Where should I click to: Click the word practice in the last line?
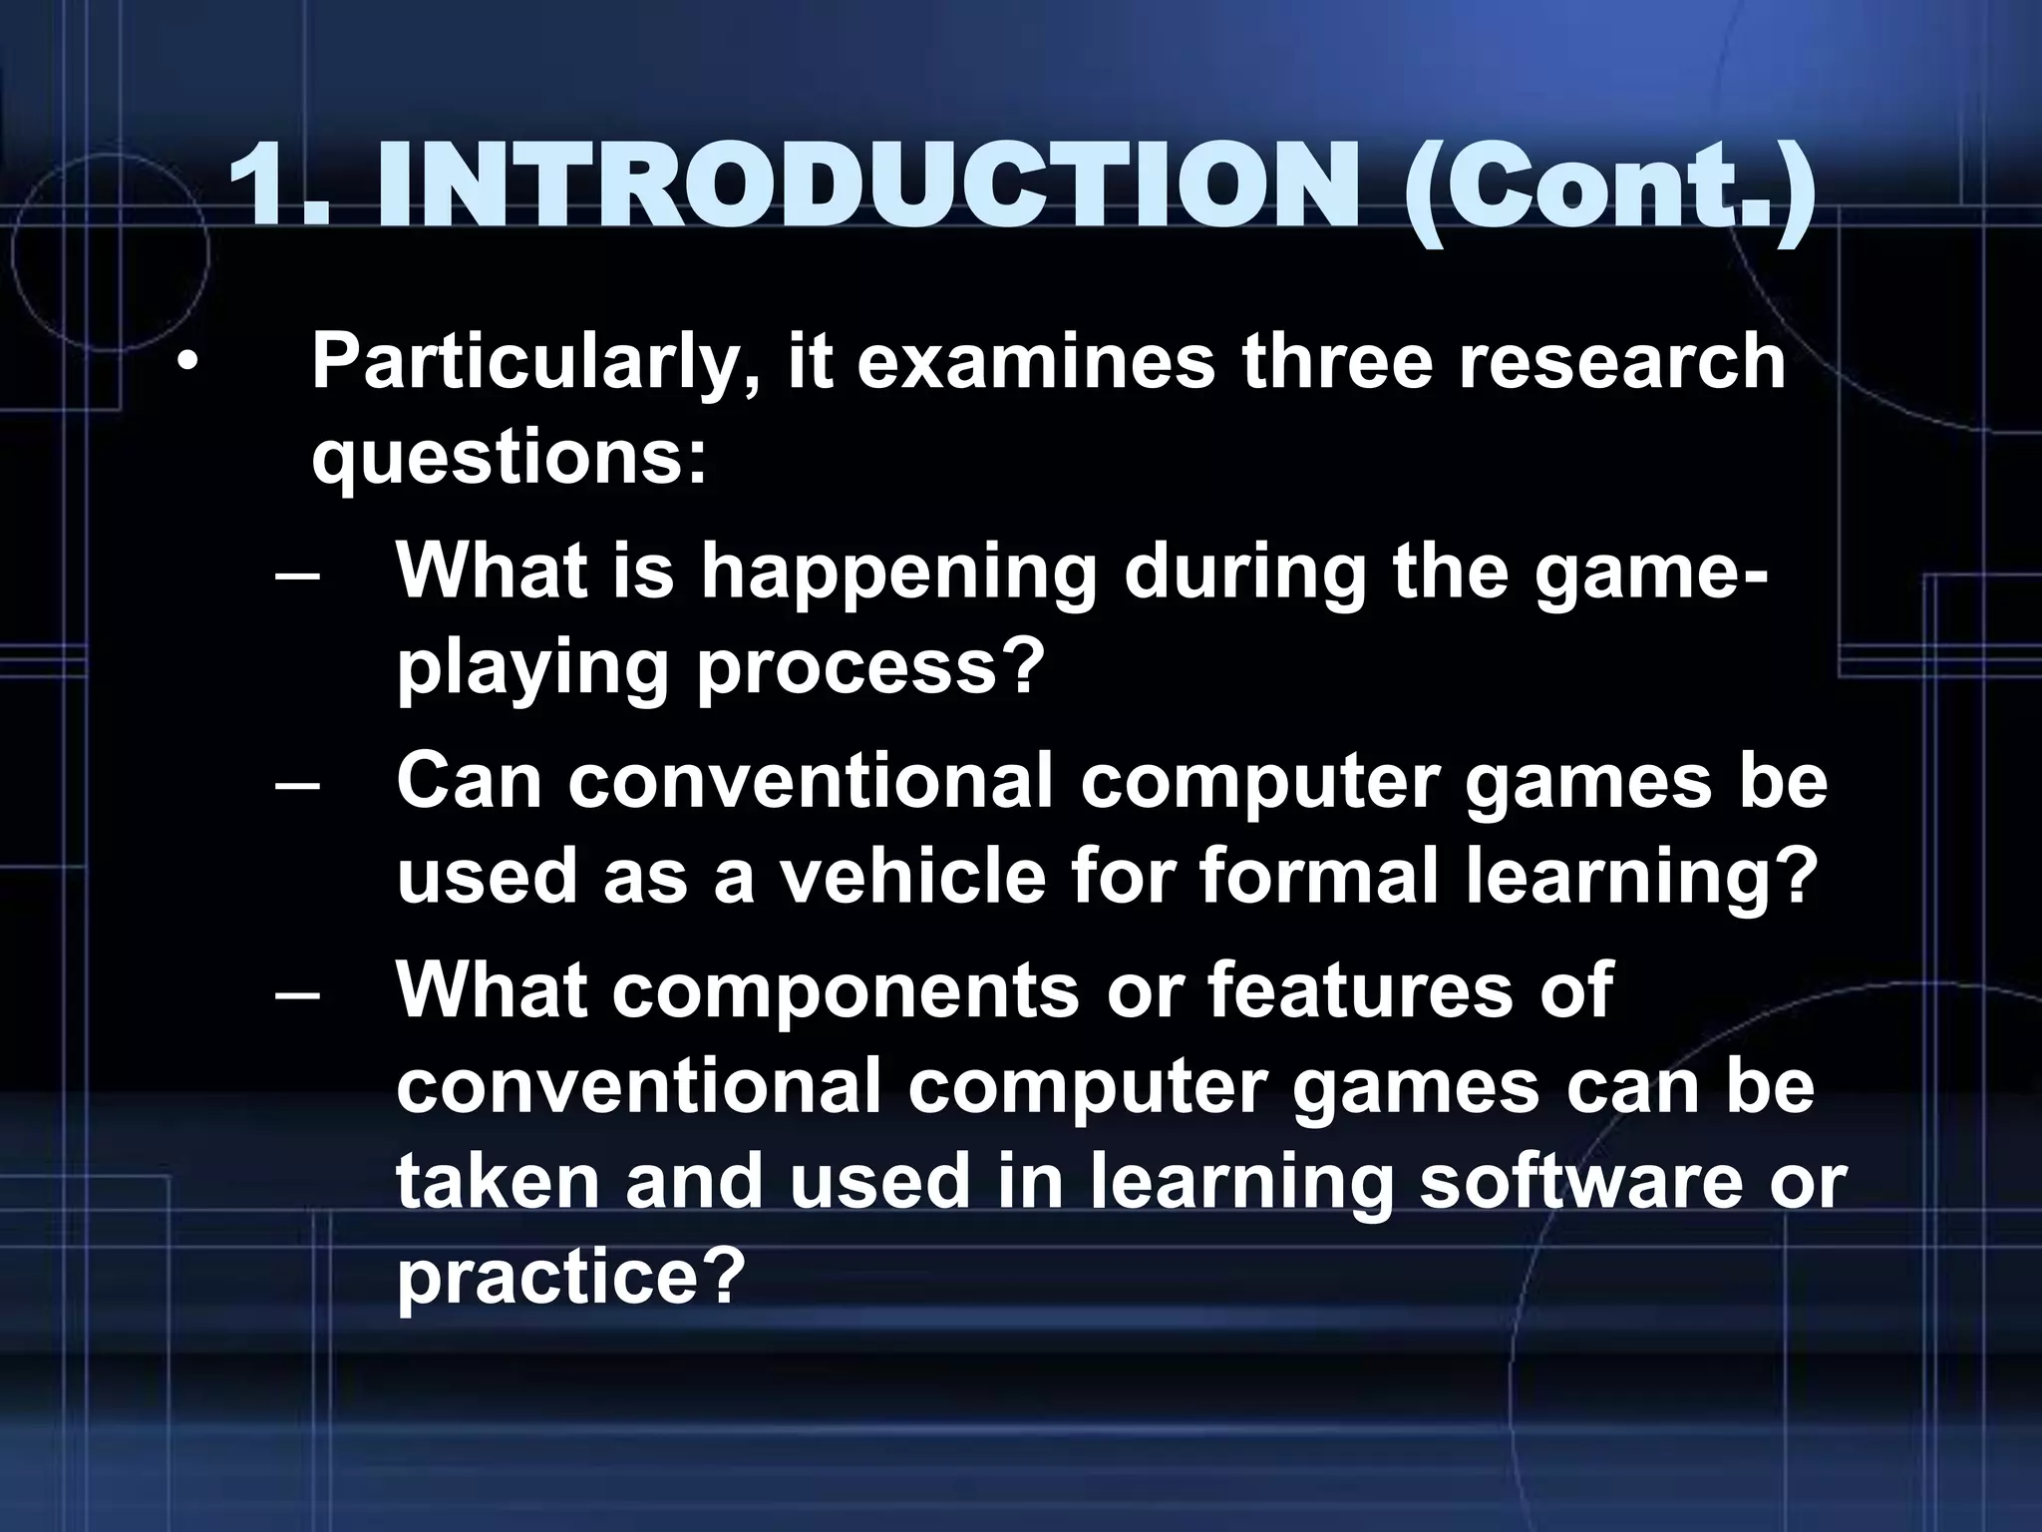(571, 1278)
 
